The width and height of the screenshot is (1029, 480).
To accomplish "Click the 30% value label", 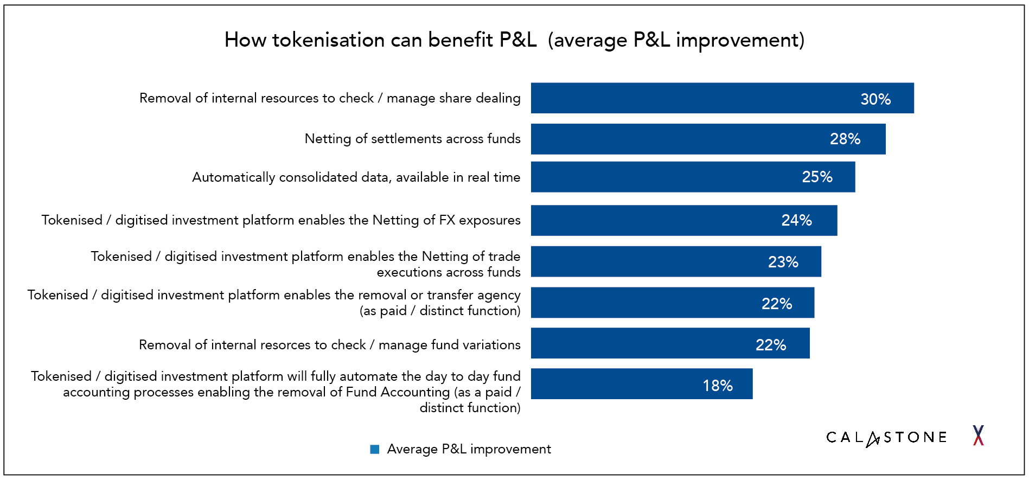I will pyautogui.click(x=875, y=99).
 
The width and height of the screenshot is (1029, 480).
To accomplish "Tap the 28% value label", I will pyautogui.click(x=845, y=139).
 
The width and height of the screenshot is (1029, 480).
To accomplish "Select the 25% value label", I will pyautogui.click(x=817, y=177).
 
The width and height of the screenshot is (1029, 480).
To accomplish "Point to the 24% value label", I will pyautogui.click(x=796, y=220).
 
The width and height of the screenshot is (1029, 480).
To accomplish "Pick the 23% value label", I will pyautogui.click(x=783, y=263).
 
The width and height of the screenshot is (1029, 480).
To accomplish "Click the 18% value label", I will pyautogui.click(x=717, y=386).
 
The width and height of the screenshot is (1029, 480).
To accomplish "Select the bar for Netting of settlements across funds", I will pyautogui.click(x=678, y=139).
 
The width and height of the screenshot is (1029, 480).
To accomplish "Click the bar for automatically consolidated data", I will pyautogui.click(x=662, y=177).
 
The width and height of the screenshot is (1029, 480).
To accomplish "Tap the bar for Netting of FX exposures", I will pyautogui.click(x=651, y=220).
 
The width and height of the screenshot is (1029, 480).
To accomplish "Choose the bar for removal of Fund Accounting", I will pyautogui.click(x=613, y=384).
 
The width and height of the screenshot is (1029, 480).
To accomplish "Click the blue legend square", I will pyautogui.click(x=374, y=449).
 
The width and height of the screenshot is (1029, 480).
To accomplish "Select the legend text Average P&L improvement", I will pyautogui.click(x=469, y=449).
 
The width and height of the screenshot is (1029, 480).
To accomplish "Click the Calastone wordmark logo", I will pyautogui.click(x=886, y=437).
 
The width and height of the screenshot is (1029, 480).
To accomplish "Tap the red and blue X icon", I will pyautogui.click(x=978, y=436).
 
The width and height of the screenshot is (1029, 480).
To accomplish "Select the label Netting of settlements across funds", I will pyautogui.click(x=412, y=139).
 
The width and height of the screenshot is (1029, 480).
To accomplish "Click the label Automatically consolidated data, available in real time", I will pyautogui.click(x=356, y=177).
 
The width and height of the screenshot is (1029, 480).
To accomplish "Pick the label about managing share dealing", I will pyautogui.click(x=330, y=98).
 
